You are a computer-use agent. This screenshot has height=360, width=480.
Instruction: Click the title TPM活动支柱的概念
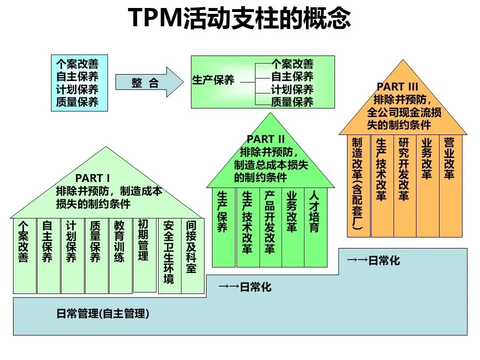click(240, 18)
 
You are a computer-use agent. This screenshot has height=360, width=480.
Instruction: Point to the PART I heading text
click(92, 178)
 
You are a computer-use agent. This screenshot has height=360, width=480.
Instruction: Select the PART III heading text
click(397, 87)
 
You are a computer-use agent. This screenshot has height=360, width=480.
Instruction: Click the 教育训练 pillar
click(119, 255)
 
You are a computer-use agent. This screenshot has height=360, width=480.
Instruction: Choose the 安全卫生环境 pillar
click(169, 255)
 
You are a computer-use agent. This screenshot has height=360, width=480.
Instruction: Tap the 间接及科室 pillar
click(191, 255)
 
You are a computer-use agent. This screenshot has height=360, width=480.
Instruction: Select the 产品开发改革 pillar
click(270, 227)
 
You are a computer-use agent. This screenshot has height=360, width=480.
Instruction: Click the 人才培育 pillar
click(315, 227)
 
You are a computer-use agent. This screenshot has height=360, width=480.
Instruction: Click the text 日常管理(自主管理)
click(102, 314)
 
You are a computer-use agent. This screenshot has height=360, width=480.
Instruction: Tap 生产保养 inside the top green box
click(213, 80)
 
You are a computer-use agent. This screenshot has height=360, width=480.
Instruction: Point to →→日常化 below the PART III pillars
click(372, 260)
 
